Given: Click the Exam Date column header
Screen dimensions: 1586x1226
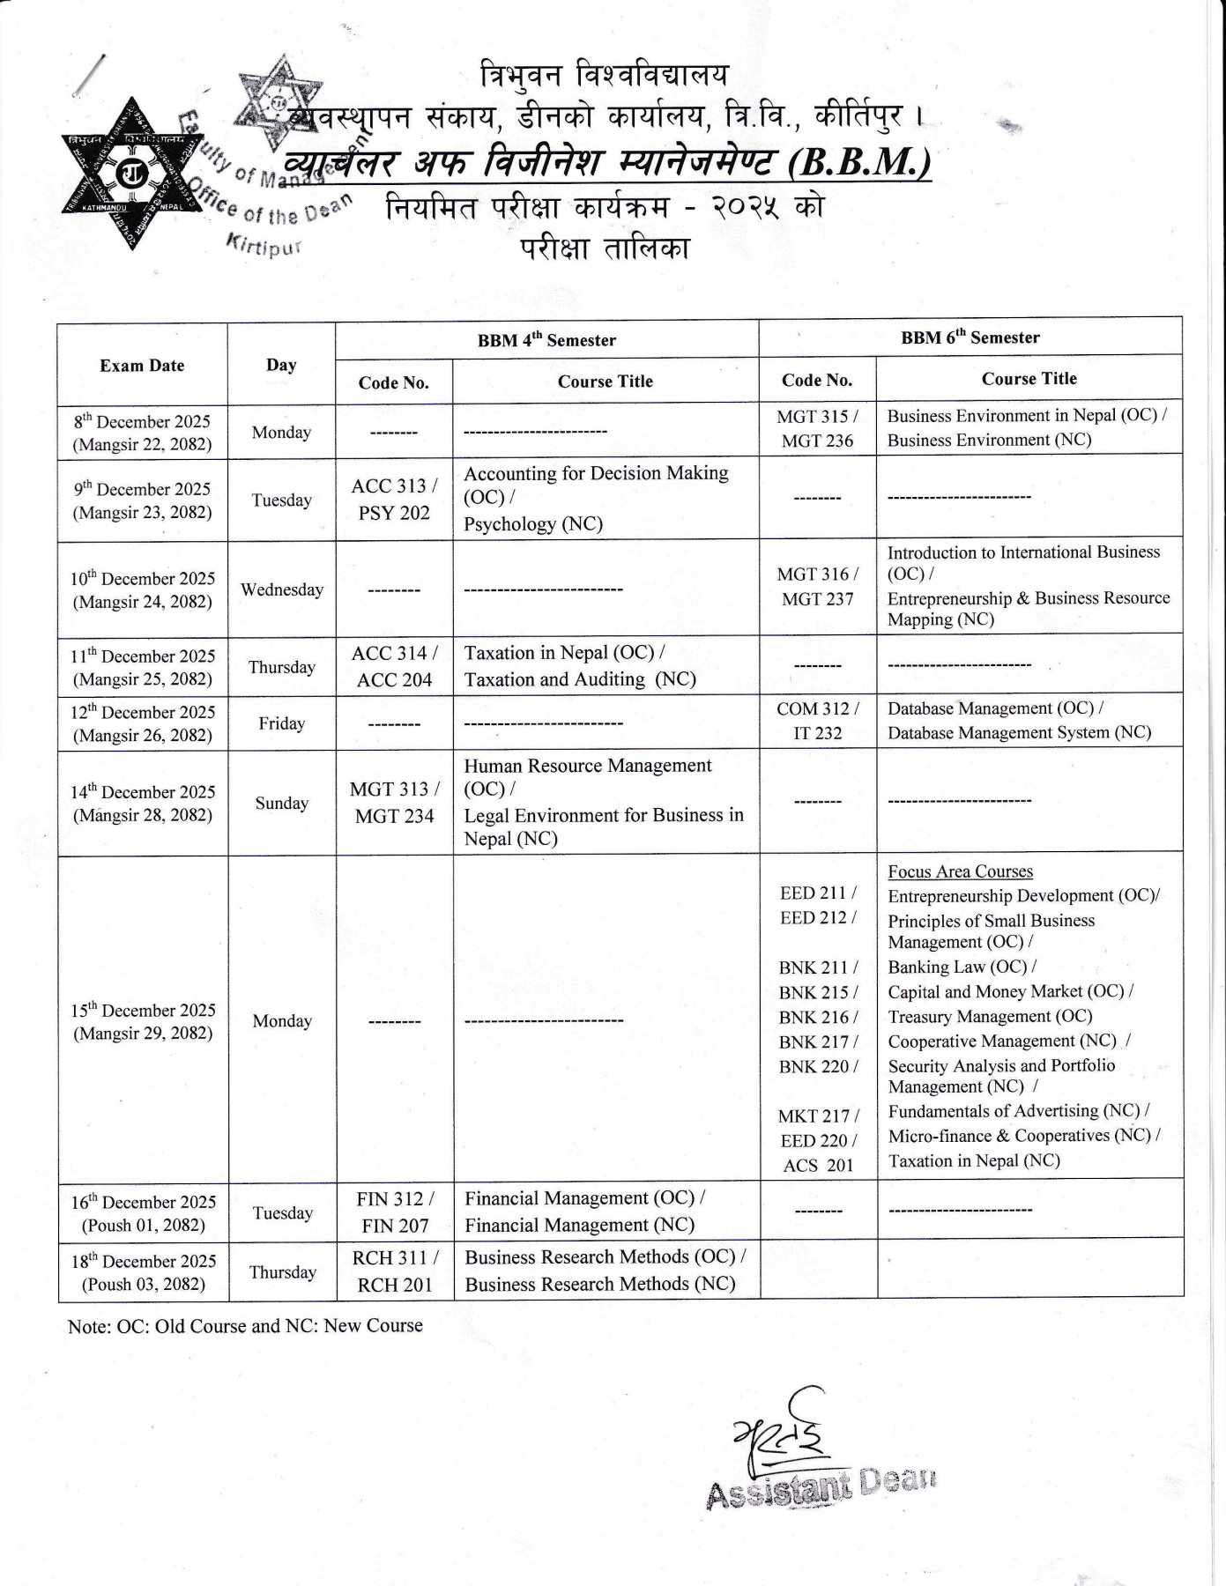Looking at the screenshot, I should pyautogui.click(x=142, y=366).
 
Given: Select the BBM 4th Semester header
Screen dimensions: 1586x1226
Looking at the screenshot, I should pyautogui.click(x=546, y=340).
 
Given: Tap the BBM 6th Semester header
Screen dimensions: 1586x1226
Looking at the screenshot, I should pyautogui.click(x=970, y=337).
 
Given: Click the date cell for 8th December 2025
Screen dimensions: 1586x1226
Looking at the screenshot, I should pyautogui.click(x=142, y=433).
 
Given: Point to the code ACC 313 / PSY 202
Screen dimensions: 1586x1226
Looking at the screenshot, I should pyautogui.click(x=394, y=499).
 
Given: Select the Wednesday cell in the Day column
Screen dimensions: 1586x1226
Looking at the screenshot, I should pyautogui.click(x=282, y=589).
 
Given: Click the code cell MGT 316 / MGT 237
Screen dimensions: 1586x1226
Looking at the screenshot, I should pyautogui.click(x=817, y=586).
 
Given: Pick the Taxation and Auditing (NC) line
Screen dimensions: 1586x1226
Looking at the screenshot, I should pyautogui.click(x=580, y=679).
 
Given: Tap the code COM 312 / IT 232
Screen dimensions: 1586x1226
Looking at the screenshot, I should pyautogui.click(x=817, y=721).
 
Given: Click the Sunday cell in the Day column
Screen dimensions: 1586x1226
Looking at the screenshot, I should pyautogui.click(x=282, y=803).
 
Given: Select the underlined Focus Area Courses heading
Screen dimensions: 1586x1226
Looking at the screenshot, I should pyautogui.click(x=960, y=871).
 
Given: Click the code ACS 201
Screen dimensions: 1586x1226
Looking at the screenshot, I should pyautogui.click(x=818, y=1165).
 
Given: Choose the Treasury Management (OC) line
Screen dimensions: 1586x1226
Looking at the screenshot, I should pyautogui.click(x=990, y=1016).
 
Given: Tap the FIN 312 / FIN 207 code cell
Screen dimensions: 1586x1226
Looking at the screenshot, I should pyautogui.click(x=394, y=1212).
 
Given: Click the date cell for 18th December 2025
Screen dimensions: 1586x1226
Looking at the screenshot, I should pyautogui.click(x=143, y=1272).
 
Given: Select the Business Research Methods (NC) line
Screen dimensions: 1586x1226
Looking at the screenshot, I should pyautogui.click(x=599, y=1284).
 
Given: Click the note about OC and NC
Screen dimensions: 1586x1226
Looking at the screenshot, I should pyautogui.click(x=245, y=1326).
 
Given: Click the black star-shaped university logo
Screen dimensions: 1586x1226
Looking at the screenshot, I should pyautogui.click(x=132, y=174).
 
